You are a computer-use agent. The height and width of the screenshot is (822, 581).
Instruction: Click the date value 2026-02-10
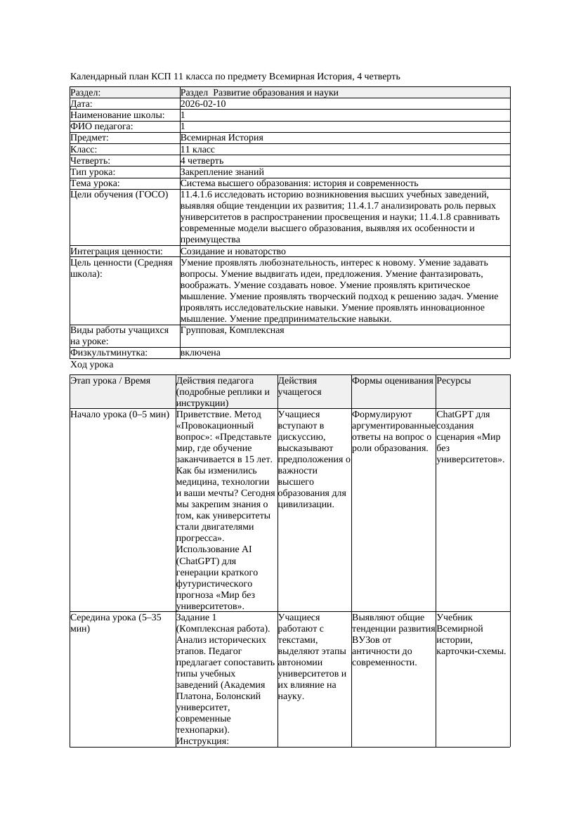point(203,104)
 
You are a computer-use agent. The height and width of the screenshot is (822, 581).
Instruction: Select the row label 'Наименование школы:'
point(118,115)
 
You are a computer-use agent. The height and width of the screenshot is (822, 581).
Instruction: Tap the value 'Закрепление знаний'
point(222,171)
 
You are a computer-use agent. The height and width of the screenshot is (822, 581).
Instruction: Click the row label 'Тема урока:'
point(96,183)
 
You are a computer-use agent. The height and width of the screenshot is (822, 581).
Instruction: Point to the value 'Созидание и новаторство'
point(233,251)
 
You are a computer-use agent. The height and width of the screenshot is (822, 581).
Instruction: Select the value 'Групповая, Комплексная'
point(232,330)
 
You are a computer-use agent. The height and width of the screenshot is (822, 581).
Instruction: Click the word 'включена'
point(200,353)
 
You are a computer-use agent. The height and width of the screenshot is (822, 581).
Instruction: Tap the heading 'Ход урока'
point(92,365)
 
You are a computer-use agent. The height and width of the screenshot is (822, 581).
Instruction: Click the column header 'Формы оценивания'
point(393,381)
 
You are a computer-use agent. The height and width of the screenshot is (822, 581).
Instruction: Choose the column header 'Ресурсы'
point(453,381)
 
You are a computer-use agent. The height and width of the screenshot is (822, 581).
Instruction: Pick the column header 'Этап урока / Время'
point(111,381)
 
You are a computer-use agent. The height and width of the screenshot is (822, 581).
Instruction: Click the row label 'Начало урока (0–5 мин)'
point(120,415)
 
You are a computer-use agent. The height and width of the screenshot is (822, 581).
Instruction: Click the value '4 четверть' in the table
point(202,161)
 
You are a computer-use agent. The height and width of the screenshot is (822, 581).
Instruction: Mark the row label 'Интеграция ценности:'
point(117,251)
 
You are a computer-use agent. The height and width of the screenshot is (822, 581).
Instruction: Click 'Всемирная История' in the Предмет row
point(221,138)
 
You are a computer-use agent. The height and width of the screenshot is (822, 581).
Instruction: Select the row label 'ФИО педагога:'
point(102,126)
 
